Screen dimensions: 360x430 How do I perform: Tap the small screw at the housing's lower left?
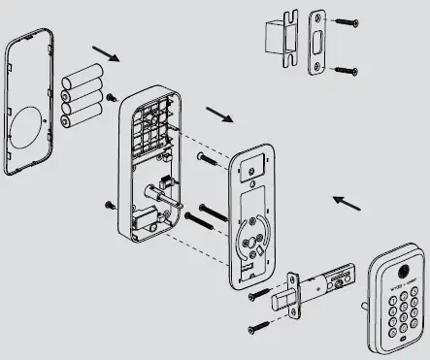click(107, 204)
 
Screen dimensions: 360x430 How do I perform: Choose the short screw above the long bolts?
click(204, 156)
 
